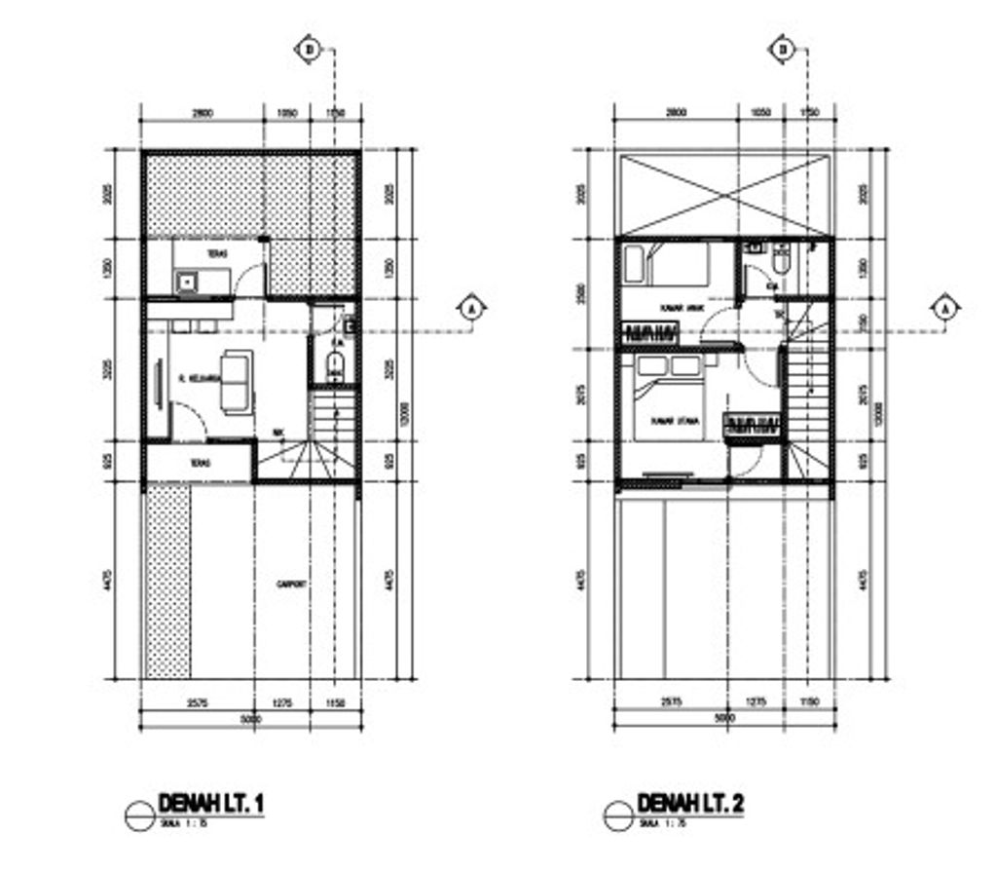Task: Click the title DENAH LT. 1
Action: coord(210,804)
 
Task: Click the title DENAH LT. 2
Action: coord(690,804)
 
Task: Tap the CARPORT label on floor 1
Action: coord(292,585)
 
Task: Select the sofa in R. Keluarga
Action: coord(235,380)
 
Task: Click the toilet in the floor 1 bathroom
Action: coord(334,367)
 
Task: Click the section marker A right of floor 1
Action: coord(472,309)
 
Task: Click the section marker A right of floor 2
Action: coord(945,309)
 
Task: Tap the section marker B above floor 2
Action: coord(782,49)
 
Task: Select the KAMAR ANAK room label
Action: coord(681,308)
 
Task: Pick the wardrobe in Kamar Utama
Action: coord(752,425)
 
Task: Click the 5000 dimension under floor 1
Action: coord(251,719)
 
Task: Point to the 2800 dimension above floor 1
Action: coord(203,113)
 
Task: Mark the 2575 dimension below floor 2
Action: coord(671,701)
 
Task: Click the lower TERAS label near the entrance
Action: coord(201,464)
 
